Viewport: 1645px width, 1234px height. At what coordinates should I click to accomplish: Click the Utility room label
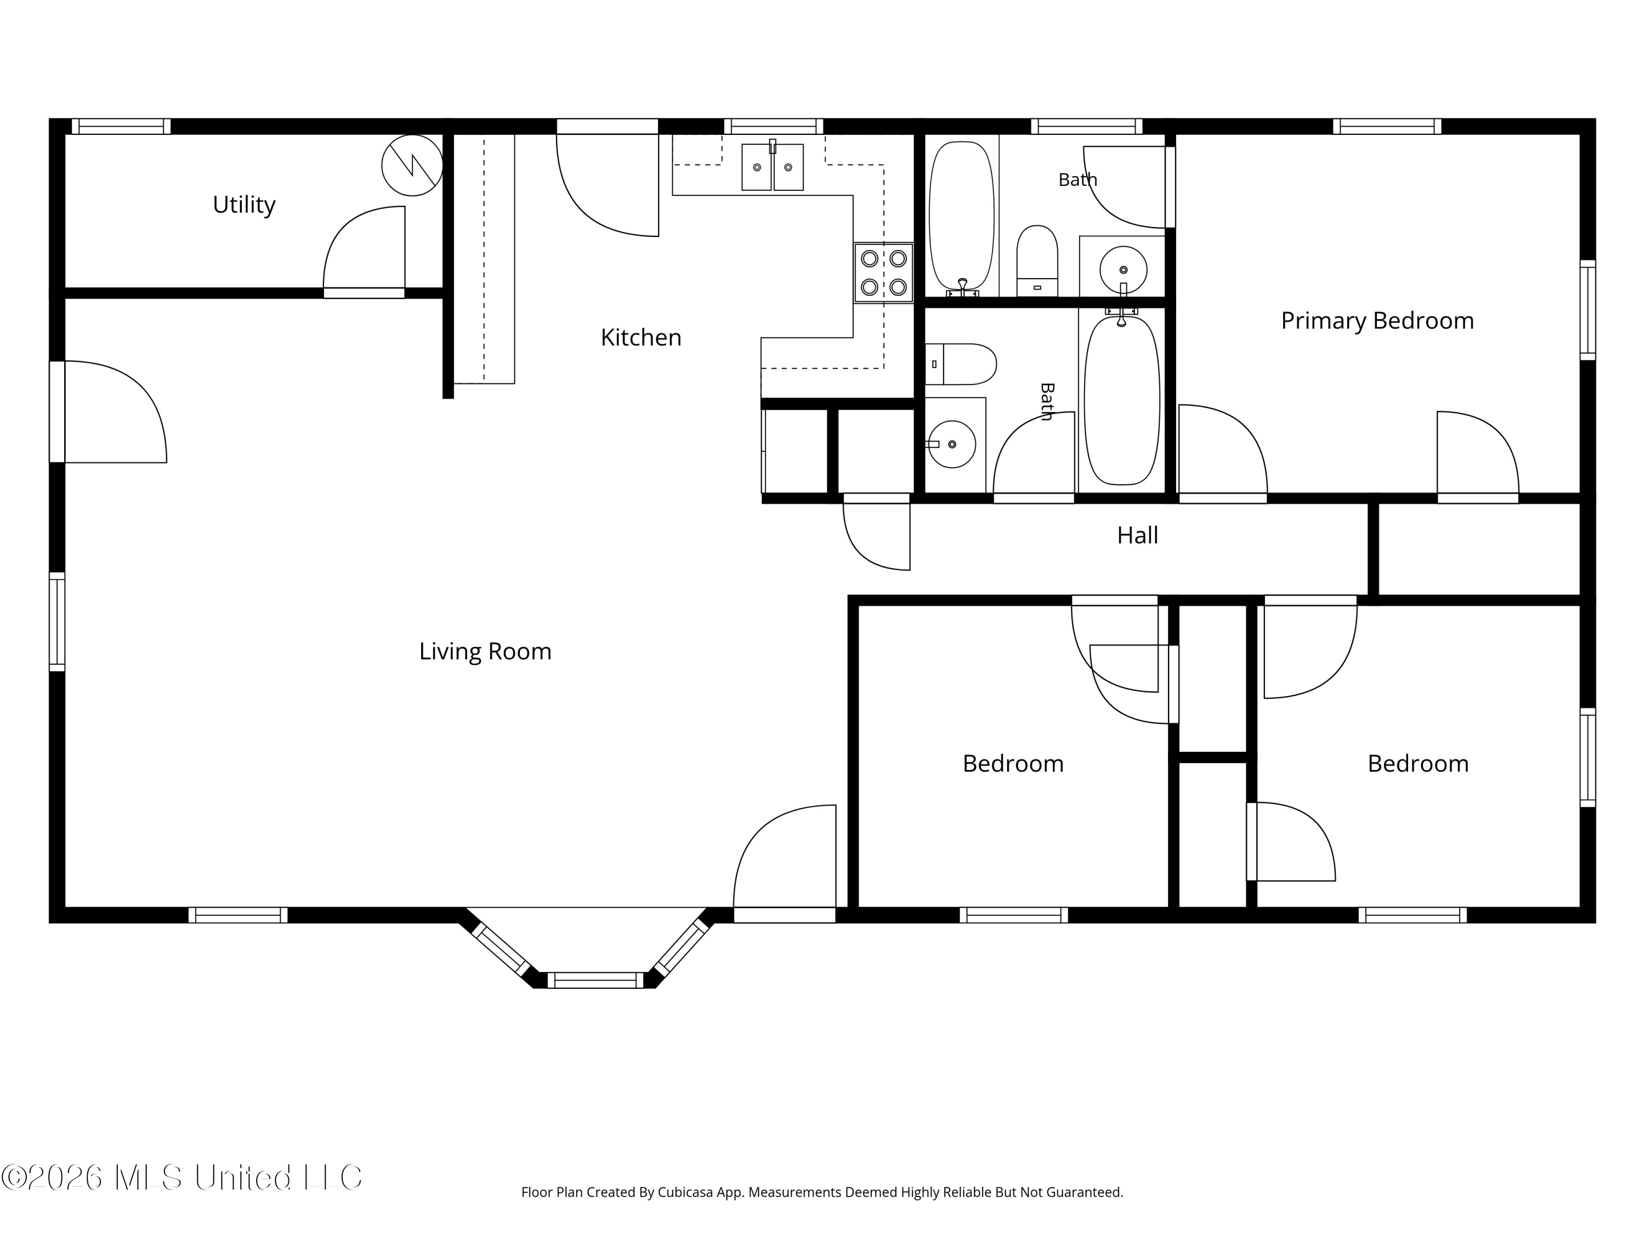click(x=244, y=205)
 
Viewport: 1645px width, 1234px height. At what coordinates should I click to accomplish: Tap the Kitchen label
click(x=641, y=338)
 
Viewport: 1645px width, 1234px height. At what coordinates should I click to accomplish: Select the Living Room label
click(x=485, y=652)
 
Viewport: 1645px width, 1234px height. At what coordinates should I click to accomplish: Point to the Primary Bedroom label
click(x=1377, y=321)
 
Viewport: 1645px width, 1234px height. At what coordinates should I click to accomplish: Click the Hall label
click(x=1137, y=535)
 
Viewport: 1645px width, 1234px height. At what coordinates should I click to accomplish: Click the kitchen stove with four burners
click(x=883, y=273)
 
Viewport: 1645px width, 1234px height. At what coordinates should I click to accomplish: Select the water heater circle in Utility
click(x=412, y=165)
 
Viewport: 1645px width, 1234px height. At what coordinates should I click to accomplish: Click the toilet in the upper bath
click(x=1037, y=261)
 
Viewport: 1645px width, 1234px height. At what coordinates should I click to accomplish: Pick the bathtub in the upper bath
click(x=962, y=217)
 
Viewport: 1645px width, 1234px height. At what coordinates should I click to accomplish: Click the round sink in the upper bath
click(x=1123, y=269)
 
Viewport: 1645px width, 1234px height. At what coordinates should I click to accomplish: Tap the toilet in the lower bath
click(x=961, y=365)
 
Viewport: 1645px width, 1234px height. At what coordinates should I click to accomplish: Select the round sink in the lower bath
click(x=952, y=444)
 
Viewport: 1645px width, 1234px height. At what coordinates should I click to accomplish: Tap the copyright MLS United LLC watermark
click(x=181, y=1178)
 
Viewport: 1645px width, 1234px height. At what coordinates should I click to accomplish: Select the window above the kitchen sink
click(x=773, y=127)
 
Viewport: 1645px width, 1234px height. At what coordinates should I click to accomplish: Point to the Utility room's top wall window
click(x=121, y=127)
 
